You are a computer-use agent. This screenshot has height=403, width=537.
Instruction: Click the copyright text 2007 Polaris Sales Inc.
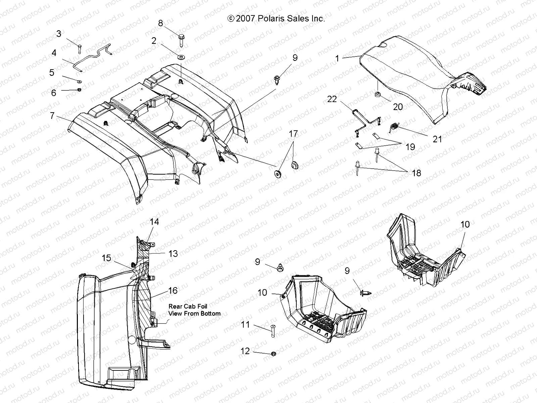(276, 19)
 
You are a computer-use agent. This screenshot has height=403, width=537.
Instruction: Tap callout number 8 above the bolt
(160, 23)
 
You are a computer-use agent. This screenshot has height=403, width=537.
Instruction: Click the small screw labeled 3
(80, 48)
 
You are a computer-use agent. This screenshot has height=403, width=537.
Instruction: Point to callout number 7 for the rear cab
(52, 116)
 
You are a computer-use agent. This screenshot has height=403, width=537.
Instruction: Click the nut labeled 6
(80, 90)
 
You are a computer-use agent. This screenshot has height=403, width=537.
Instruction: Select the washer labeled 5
(80, 81)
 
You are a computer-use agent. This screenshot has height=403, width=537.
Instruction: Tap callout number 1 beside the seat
(337, 58)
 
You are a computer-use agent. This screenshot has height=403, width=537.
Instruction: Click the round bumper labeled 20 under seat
(378, 94)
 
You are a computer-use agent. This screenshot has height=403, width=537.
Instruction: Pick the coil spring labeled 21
(394, 127)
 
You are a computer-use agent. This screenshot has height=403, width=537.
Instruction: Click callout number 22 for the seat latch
(332, 99)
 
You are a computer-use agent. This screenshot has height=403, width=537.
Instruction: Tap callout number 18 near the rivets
(416, 173)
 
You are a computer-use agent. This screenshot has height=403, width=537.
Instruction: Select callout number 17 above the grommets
(293, 134)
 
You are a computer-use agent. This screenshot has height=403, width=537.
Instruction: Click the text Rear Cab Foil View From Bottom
(194, 310)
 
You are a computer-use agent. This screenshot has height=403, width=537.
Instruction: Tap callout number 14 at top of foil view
(154, 222)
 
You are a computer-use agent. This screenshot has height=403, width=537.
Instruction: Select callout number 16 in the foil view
(173, 290)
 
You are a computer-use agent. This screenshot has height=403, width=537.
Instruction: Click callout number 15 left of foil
(106, 258)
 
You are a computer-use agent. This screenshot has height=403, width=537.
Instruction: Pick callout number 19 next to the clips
(410, 147)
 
